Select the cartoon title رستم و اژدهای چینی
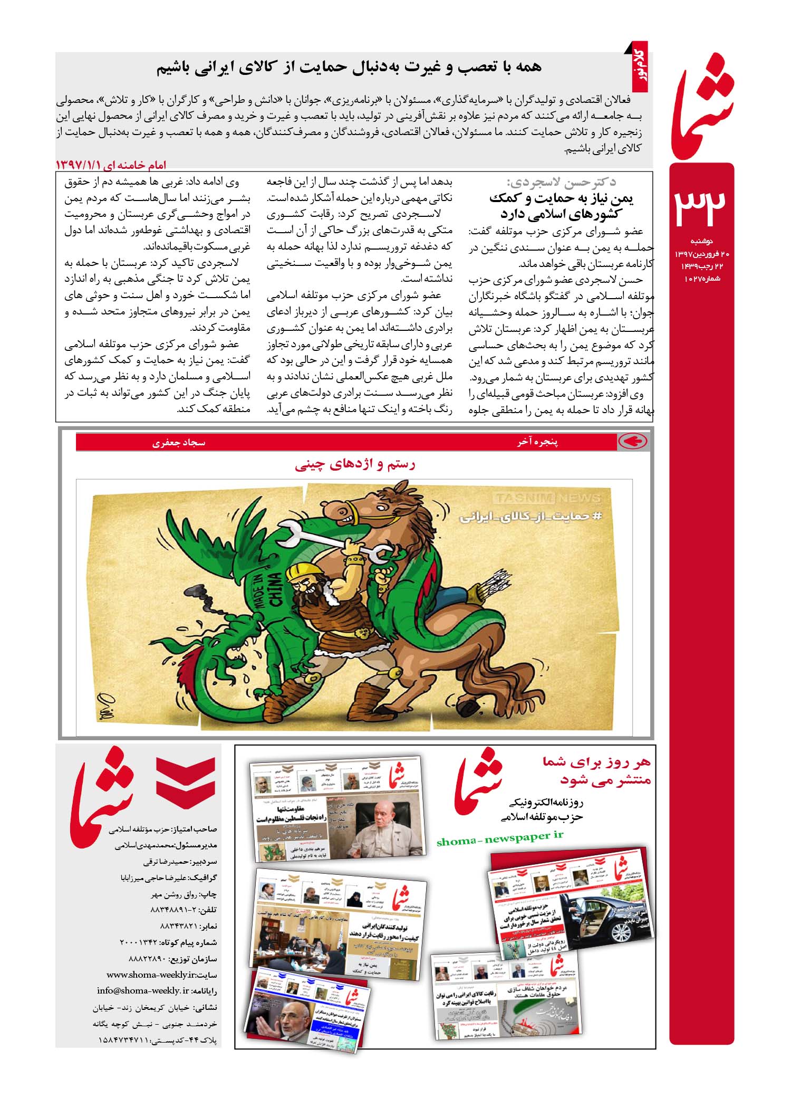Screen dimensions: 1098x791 (355, 465)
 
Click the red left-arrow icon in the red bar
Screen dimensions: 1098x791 (632, 442)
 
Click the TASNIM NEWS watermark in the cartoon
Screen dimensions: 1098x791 (547, 499)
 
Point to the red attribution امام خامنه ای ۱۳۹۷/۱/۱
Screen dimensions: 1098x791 (111, 165)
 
